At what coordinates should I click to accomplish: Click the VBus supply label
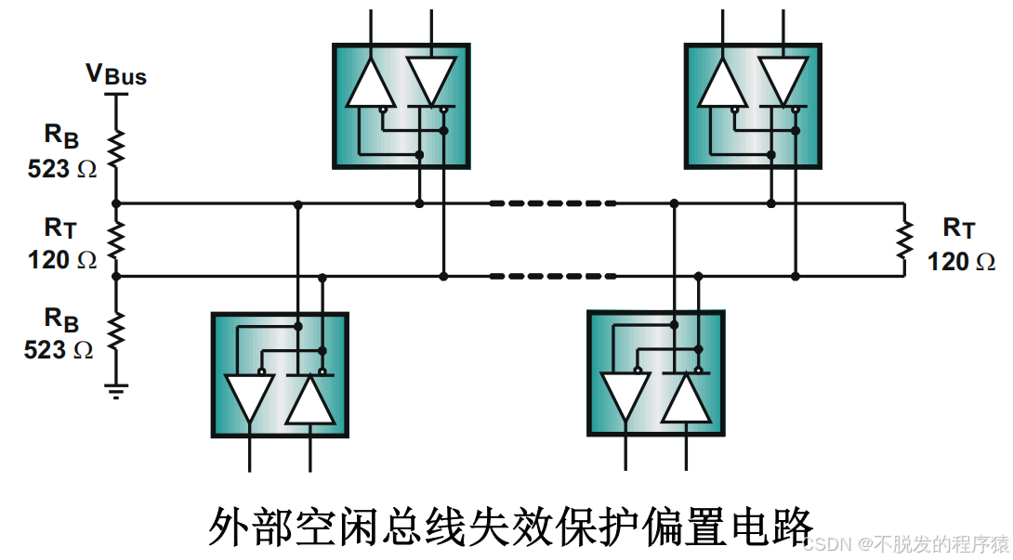click(116, 74)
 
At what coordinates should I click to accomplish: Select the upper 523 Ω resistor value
click(61, 169)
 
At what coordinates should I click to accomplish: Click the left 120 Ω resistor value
click(61, 260)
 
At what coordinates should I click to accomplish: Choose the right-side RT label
click(959, 228)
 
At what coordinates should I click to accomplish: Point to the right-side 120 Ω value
click(961, 262)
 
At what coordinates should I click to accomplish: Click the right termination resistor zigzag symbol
click(903, 240)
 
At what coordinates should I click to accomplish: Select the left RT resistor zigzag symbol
click(116, 240)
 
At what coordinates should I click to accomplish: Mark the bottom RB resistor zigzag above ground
click(116, 331)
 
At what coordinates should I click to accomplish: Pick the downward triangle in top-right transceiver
click(782, 80)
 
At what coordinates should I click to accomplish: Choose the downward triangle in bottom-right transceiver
click(625, 396)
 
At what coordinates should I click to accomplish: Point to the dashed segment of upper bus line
click(553, 202)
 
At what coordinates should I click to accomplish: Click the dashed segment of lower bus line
click(553, 276)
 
